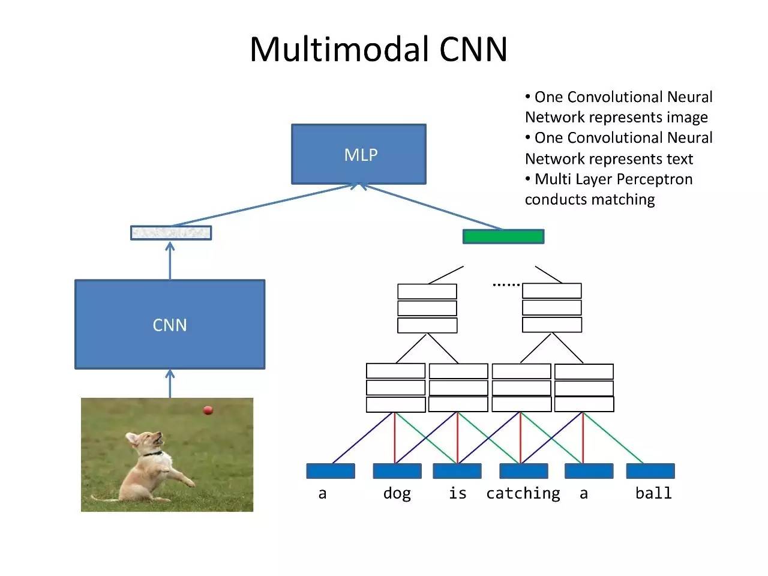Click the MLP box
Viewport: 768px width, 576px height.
[x=359, y=154]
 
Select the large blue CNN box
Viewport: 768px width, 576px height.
[x=170, y=324]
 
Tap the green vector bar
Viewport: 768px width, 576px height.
[x=503, y=236]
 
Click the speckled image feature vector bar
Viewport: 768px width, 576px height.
[x=171, y=233]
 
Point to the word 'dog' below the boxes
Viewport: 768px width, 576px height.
[x=397, y=493]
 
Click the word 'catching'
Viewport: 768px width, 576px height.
[x=523, y=493]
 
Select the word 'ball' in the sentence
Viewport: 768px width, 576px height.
[x=653, y=493]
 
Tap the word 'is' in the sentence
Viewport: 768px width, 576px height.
[x=457, y=493]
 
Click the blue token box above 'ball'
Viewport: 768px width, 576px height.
[x=650, y=471]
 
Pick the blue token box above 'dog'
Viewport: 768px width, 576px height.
[x=397, y=471]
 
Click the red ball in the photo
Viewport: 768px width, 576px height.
[x=208, y=410]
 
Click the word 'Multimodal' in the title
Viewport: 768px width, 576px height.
[x=340, y=49]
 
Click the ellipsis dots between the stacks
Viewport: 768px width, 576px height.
[x=506, y=284]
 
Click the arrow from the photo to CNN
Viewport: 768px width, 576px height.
[x=170, y=384]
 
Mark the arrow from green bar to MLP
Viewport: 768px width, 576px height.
[x=432, y=207]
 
